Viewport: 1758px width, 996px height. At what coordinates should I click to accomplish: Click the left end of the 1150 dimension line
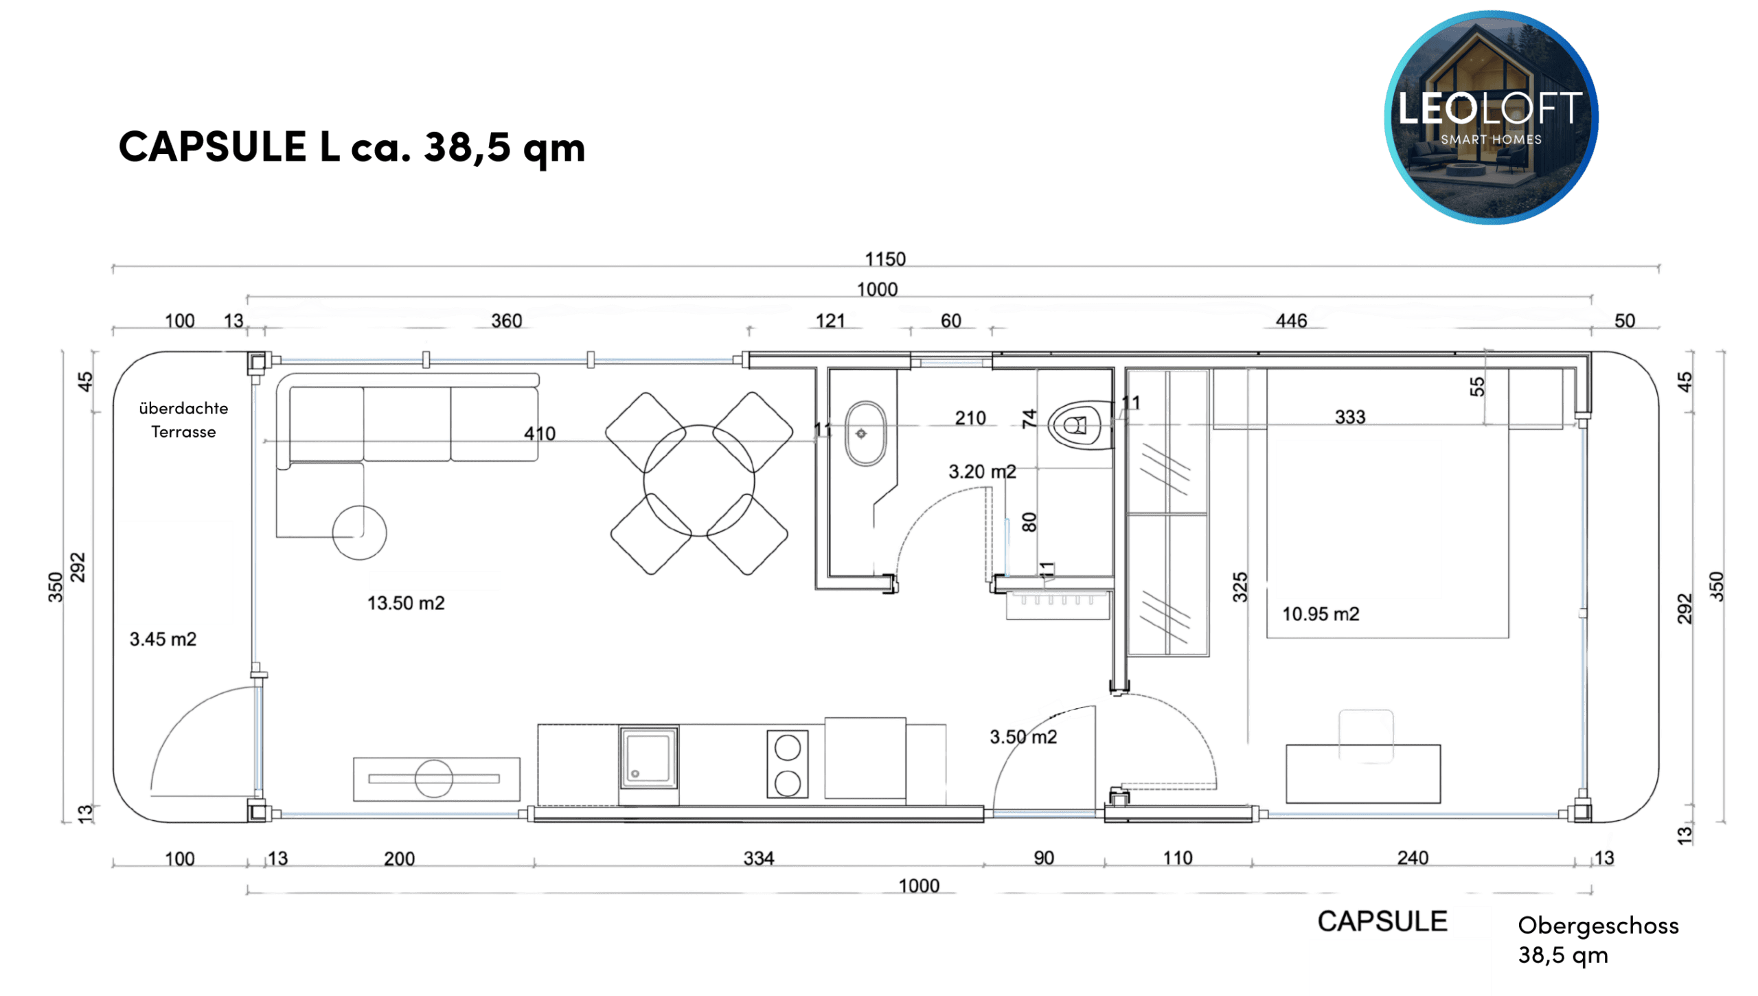pos(113,267)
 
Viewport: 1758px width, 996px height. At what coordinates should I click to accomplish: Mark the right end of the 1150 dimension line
pos(1658,267)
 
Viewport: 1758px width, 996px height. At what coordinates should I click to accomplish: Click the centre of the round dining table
pos(699,481)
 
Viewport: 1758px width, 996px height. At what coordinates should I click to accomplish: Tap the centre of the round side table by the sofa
pos(359,532)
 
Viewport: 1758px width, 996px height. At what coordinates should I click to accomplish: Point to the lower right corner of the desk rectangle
pos(1440,802)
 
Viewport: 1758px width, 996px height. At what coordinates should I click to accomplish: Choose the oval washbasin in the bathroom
pos(865,433)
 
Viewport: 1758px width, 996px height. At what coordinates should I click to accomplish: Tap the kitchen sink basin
pos(648,757)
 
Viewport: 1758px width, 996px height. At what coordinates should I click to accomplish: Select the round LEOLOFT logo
pos(1491,117)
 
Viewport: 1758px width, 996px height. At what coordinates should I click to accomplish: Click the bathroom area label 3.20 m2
pos(982,472)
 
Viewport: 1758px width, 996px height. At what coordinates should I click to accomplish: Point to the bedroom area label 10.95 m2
pos(1321,614)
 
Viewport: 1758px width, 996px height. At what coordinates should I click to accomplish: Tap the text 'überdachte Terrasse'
pos(183,420)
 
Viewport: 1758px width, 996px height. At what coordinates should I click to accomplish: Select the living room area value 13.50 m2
pos(406,603)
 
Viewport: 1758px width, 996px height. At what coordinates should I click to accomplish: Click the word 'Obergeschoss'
pos(1598,926)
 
